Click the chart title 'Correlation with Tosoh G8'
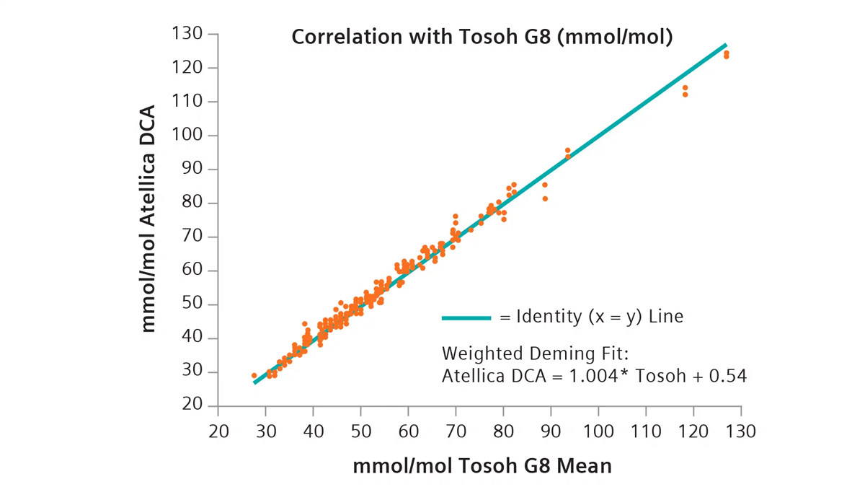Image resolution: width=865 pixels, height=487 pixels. [482, 37]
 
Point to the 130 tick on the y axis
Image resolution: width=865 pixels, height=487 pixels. [186, 34]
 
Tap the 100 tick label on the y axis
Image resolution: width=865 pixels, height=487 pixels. [186, 136]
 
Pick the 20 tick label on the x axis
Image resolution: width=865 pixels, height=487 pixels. [218, 431]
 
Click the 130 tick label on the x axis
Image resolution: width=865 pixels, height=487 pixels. [740, 431]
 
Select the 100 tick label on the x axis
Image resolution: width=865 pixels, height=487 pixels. [598, 431]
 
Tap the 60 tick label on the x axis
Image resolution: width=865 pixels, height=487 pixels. [408, 431]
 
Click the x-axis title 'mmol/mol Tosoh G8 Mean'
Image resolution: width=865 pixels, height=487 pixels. [482, 466]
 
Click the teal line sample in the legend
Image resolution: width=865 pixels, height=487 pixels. [466, 317]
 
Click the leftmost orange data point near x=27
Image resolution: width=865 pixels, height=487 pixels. [254, 376]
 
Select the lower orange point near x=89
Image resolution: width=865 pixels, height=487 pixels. [545, 198]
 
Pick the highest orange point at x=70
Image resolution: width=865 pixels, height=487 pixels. [456, 216]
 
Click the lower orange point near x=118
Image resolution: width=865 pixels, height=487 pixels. [685, 95]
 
